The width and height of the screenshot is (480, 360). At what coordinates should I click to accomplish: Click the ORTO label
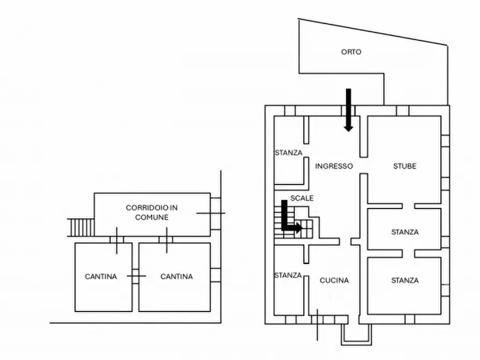click(x=351, y=52)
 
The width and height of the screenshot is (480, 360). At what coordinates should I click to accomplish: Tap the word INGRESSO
click(x=334, y=166)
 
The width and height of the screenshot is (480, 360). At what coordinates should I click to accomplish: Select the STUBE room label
click(x=405, y=166)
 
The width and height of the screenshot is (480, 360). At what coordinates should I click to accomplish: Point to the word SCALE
click(x=302, y=198)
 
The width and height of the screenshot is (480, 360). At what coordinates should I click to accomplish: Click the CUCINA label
click(x=334, y=280)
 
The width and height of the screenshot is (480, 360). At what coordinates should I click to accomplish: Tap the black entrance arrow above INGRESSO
click(x=348, y=110)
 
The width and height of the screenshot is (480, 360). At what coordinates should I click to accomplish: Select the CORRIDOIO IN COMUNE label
click(x=152, y=212)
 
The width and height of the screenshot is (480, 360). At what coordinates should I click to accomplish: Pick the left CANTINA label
click(x=101, y=276)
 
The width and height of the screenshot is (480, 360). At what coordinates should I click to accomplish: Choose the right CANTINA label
click(x=176, y=276)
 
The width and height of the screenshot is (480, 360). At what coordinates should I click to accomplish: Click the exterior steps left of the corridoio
click(x=81, y=227)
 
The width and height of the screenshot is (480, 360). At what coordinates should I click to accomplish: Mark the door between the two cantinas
click(x=136, y=276)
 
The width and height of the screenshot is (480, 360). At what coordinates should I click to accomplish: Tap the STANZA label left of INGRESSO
click(x=288, y=153)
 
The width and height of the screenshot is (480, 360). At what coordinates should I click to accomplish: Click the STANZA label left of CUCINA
click(x=288, y=275)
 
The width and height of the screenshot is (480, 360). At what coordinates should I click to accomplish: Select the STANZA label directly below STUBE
click(x=405, y=232)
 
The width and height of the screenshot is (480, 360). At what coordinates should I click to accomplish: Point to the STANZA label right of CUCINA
click(x=405, y=280)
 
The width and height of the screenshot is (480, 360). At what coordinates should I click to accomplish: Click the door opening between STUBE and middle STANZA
click(x=409, y=206)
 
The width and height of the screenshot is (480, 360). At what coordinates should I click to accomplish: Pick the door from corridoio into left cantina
click(x=117, y=240)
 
